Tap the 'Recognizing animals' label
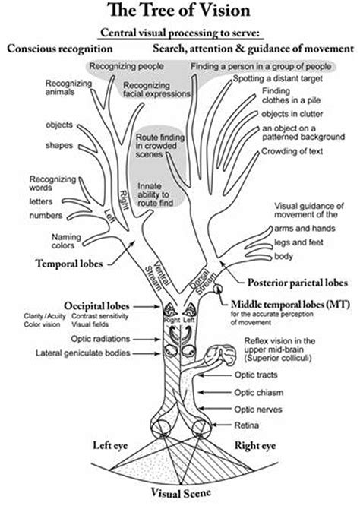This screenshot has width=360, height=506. pyautogui.click(x=69, y=87)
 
